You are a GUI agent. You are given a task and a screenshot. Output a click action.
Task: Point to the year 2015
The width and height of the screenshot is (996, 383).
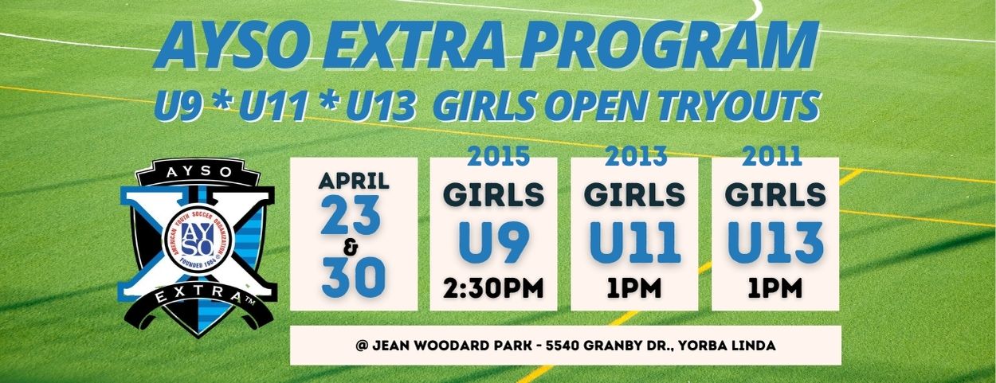498,156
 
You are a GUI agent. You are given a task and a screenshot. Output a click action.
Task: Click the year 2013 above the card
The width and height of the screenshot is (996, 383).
636,156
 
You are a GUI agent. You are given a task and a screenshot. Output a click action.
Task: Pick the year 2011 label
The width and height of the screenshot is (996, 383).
772,156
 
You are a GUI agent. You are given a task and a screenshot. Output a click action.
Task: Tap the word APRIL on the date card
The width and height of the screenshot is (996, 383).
354,181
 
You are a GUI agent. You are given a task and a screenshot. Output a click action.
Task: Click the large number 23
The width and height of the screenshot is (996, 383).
351,216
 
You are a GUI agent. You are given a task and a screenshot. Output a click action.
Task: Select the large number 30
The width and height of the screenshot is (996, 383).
354,278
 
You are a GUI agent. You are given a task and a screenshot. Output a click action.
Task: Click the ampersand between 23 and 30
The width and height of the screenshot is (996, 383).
351,248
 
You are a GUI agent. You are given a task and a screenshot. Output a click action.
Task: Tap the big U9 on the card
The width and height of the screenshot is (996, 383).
494,244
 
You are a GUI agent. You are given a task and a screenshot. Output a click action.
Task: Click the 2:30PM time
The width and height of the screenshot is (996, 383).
493,288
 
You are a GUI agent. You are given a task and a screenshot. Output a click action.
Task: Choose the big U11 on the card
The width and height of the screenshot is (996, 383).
635,244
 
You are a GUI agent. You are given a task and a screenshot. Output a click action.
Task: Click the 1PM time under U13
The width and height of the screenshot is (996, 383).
774,288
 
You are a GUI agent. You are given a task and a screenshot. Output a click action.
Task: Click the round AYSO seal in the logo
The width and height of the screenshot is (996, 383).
197,243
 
